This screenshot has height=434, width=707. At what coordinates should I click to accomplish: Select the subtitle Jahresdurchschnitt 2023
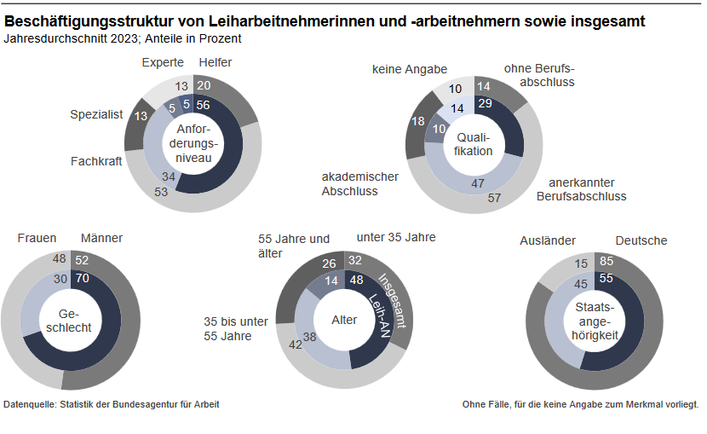123,38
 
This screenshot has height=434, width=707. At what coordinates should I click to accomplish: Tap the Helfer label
215,62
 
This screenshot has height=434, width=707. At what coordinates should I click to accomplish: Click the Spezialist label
96,114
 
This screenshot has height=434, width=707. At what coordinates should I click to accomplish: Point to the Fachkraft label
97,160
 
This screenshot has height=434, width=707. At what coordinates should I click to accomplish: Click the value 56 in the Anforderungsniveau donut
203,105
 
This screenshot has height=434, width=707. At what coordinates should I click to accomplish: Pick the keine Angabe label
409,69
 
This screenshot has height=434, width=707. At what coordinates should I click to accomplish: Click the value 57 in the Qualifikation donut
494,199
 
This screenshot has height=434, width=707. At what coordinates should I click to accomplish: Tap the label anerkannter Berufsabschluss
581,189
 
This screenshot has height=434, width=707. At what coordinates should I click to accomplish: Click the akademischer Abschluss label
360,183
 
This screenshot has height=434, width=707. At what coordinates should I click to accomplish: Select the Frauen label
37,238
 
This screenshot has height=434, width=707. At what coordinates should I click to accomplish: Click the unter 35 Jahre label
396,237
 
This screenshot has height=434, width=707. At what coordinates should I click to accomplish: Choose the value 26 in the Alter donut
331,263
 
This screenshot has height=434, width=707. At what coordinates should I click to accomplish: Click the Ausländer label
548,240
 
